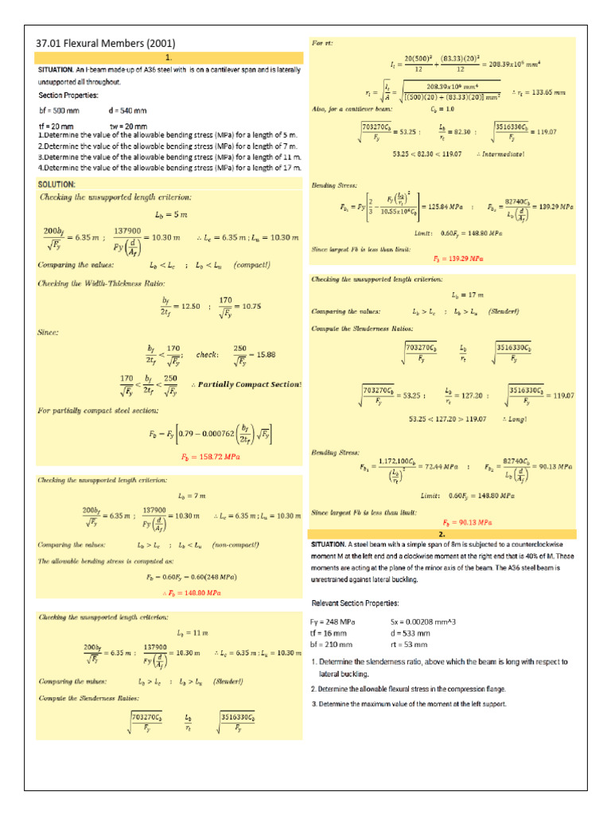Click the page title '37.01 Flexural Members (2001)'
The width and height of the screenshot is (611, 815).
pos(106,43)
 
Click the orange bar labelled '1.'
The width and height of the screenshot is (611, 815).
pos(169,58)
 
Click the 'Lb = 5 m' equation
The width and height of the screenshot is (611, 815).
pos(170,215)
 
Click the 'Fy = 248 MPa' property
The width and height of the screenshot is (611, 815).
pos(333,621)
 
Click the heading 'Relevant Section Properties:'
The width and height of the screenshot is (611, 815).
pos(355,602)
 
